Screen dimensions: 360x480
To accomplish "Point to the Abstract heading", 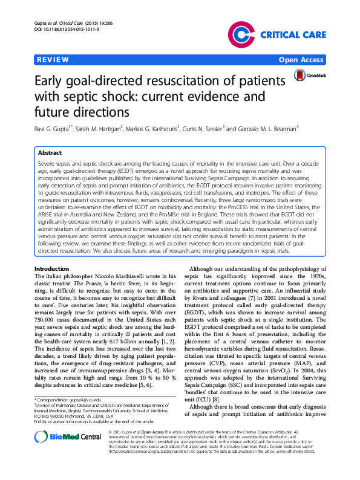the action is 50,154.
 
